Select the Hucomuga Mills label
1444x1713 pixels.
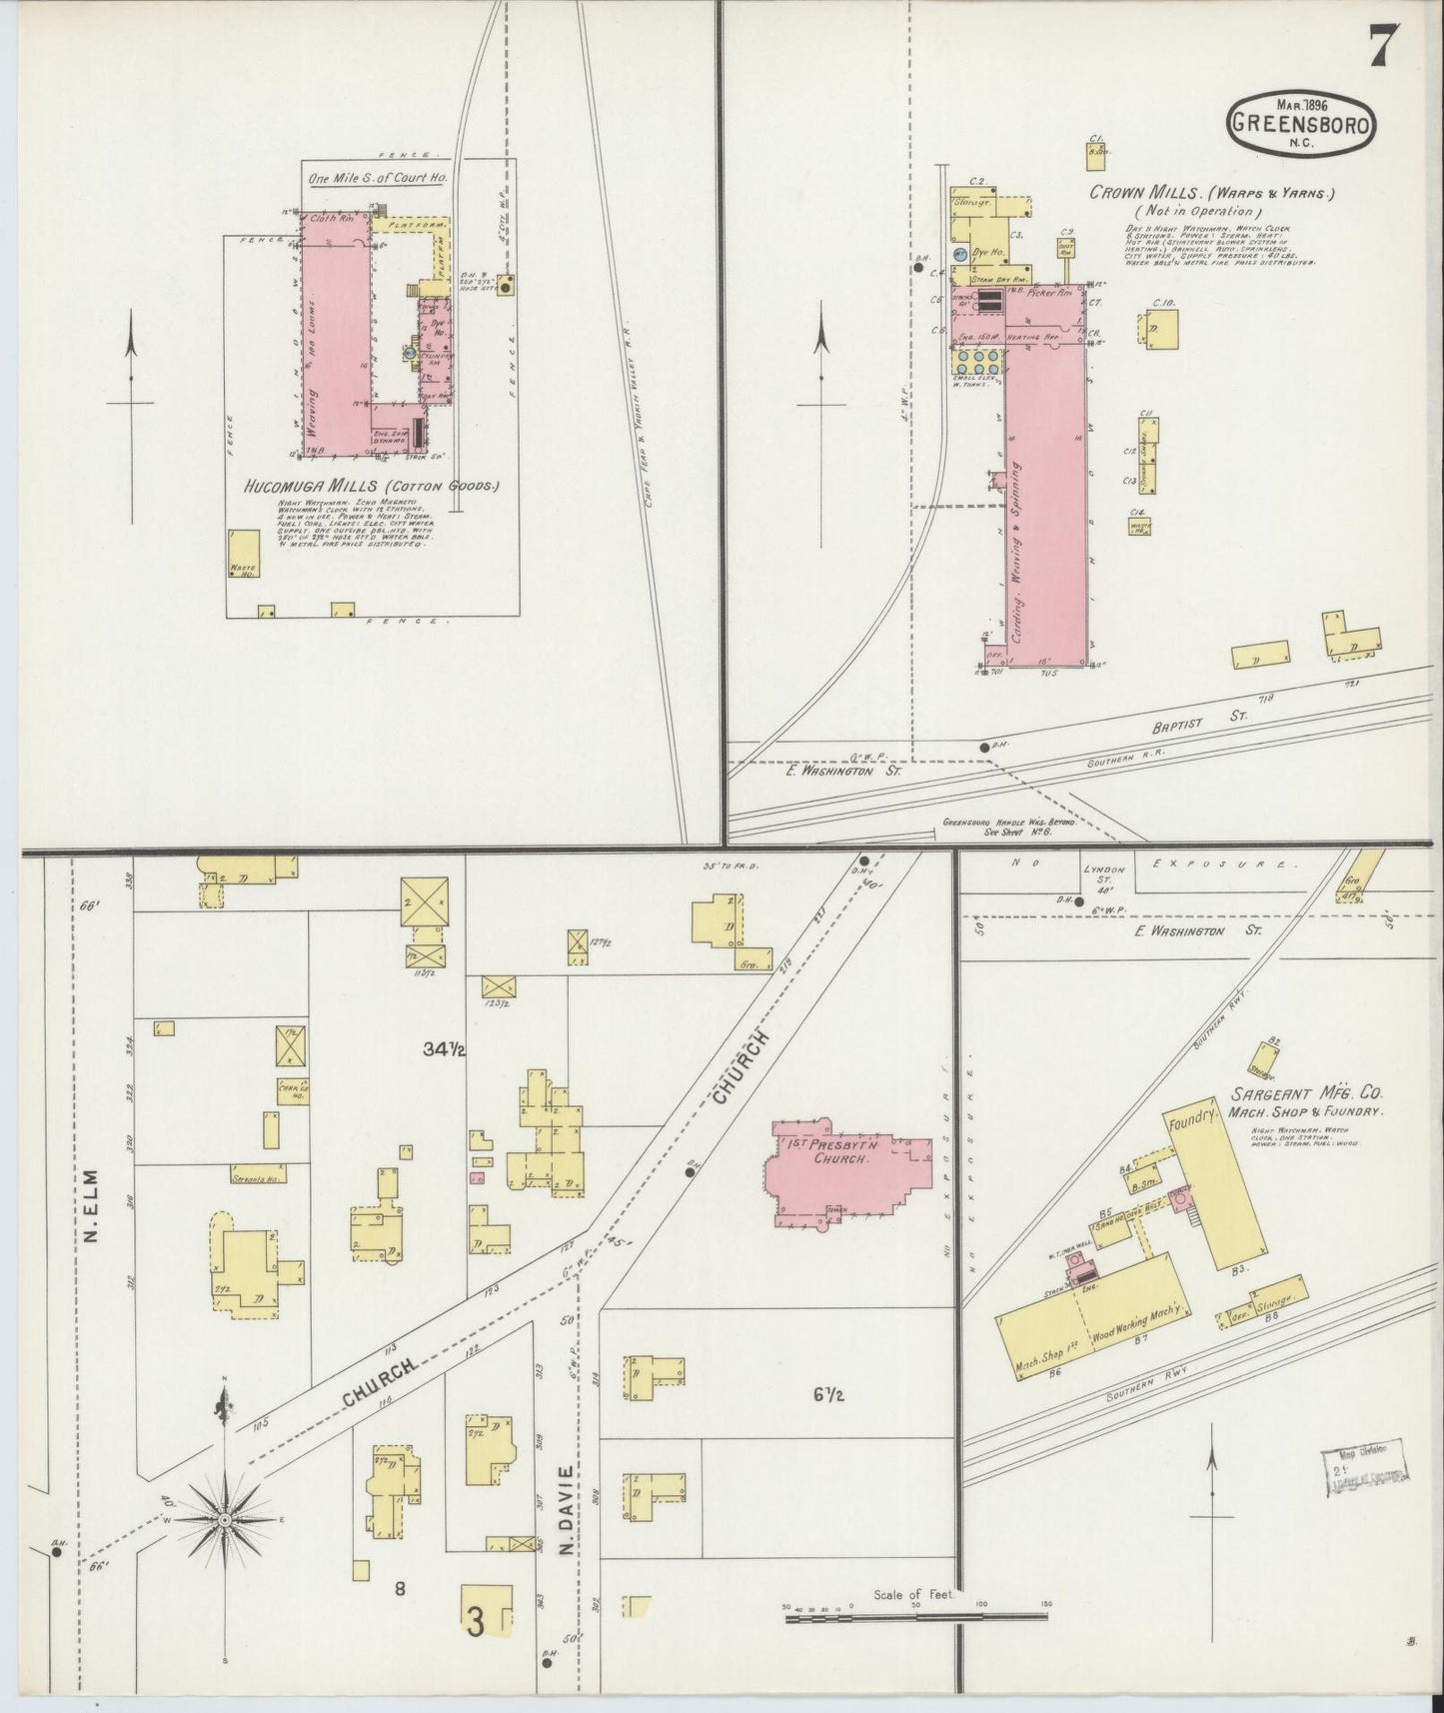[371, 487]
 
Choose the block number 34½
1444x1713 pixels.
[446, 1048]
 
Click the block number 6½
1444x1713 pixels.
[827, 1395]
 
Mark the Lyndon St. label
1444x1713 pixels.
[1104, 875]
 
